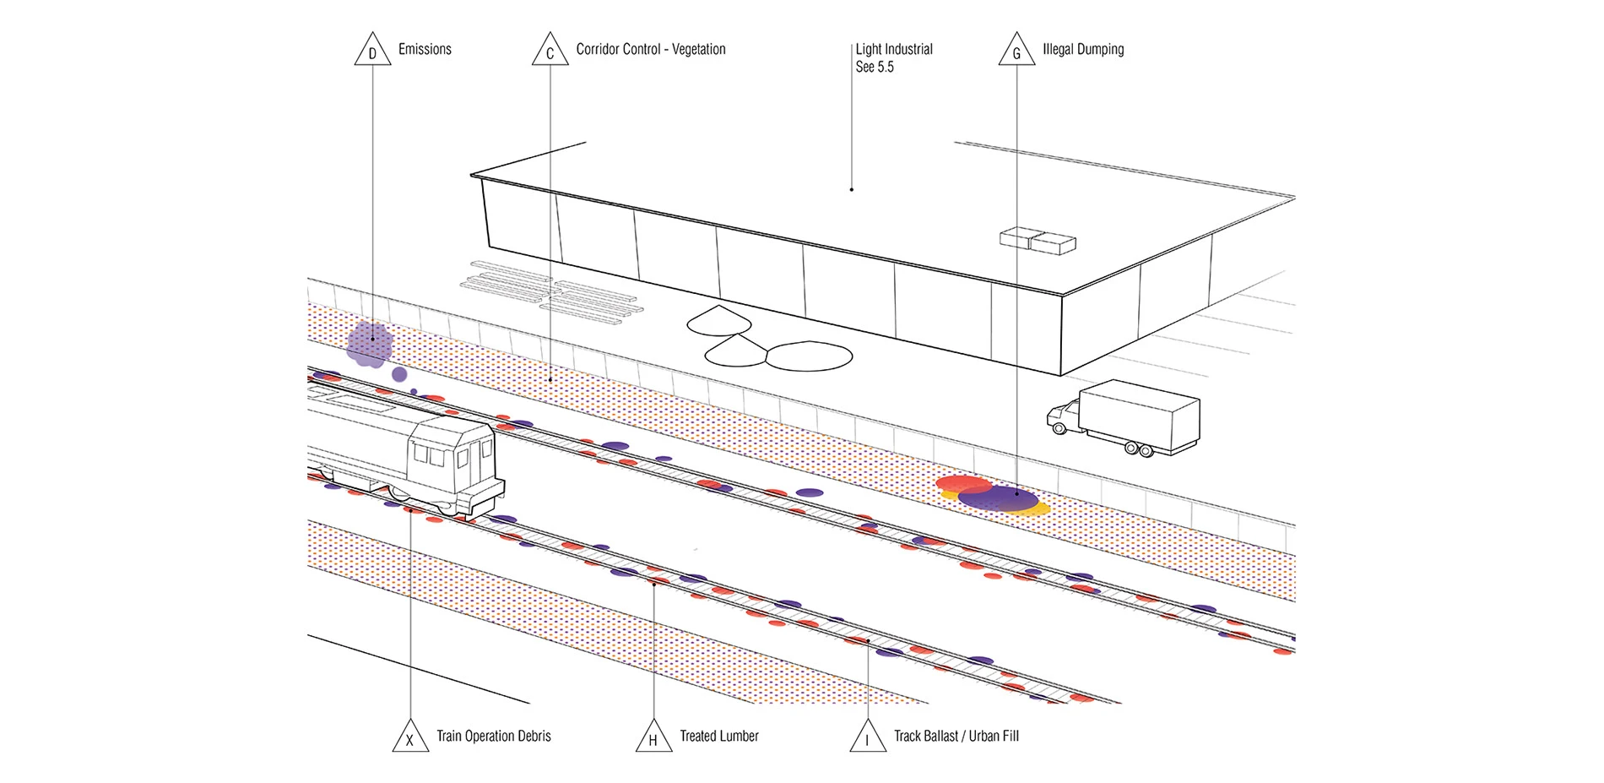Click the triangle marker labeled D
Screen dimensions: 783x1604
click(x=372, y=52)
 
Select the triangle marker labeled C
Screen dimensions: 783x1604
click(x=550, y=52)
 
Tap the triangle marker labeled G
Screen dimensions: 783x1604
click(x=1016, y=52)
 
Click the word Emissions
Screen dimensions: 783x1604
click(x=425, y=49)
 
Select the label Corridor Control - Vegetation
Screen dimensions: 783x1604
click(x=650, y=49)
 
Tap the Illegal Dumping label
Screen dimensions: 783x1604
click(x=1083, y=49)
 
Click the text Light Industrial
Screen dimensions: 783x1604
click(x=894, y=49)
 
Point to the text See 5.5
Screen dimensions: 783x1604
click(x=875, y=68)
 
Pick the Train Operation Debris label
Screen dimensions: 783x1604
click(x=493, y=736)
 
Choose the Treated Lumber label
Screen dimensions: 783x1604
click(x=719, y=736)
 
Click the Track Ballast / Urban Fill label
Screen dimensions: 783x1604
click(x=956, y=736)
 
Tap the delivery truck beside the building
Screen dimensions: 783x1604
click(x=1127, y=416)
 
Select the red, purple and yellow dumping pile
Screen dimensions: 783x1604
click(x=992, y=497)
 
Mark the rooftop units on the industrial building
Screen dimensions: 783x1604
click(x=1038, y=242)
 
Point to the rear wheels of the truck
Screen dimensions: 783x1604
click(x=1139, y=450)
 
